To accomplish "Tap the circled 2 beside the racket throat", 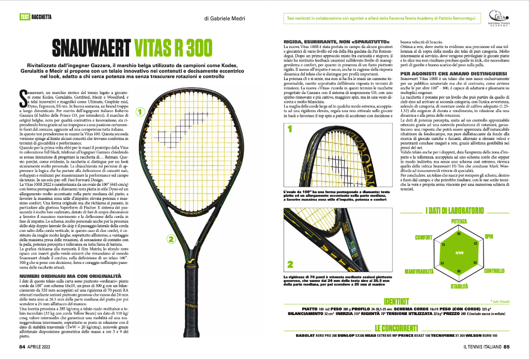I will click(x=168, y=239).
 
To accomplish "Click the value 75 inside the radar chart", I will click(x=442, y=243).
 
